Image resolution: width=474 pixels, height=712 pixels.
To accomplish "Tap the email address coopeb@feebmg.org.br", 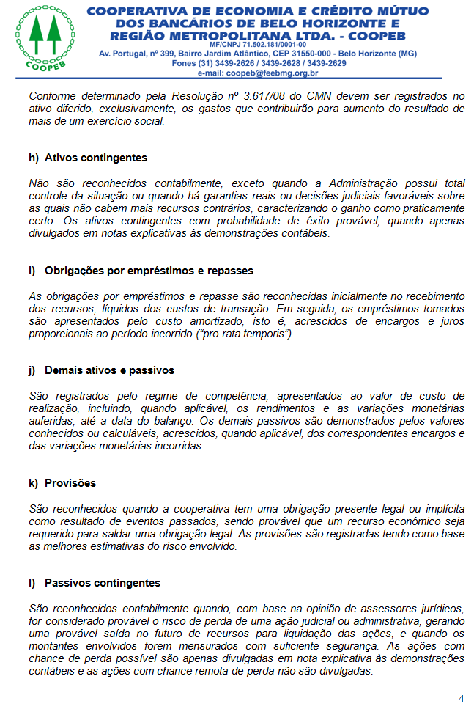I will pyautogui.click(x=272, y=73).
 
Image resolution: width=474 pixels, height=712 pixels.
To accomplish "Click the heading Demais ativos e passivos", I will pyautogui.click(x=109, y=370).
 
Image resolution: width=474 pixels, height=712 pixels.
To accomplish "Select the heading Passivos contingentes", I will pyautogui.click(x=102, y=583).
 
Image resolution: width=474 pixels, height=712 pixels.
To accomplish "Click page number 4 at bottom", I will pyautogui.click(x=461, y=699).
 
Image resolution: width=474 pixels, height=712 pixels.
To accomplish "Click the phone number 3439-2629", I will pyautogui.click(x=326, y=63).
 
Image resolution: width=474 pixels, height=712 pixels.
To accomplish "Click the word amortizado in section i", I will pyautogui.click(x=225, y=321).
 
